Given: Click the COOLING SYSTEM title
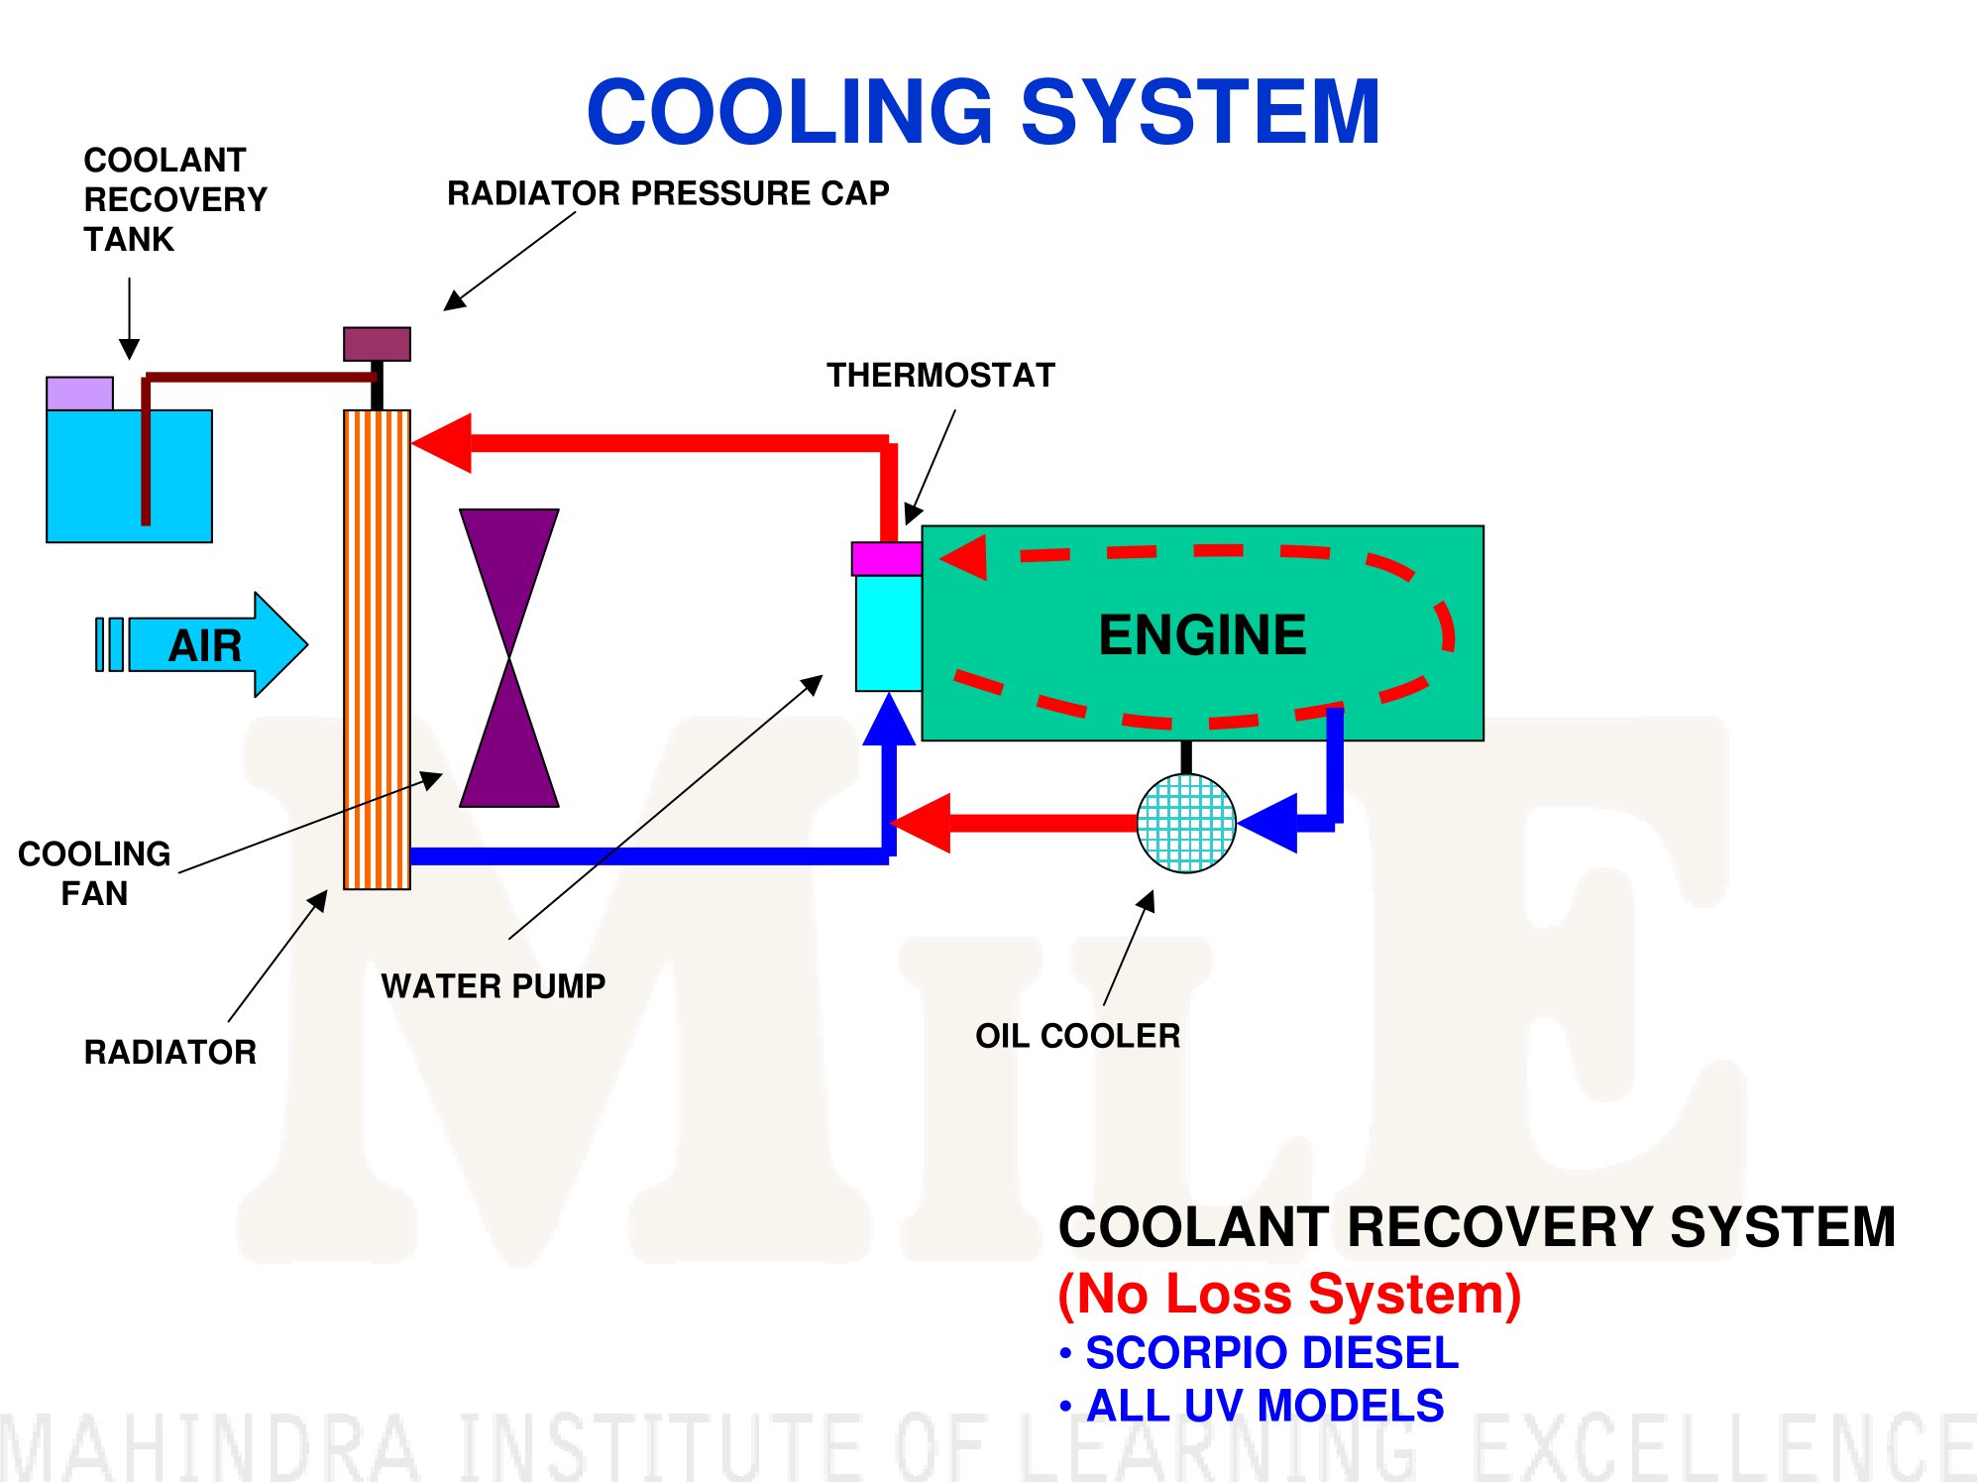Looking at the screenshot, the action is click(x=983, y=111).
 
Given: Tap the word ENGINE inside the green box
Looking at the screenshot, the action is click(x=1202, y=634).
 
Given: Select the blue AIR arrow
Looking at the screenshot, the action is click(x=202, y=644).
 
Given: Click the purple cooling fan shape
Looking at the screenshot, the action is click(x=509, y=657).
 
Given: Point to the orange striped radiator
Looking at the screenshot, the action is click(x=377, y=649).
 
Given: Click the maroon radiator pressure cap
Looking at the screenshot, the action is click(x=377, y=344).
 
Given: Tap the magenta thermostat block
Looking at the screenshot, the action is click(x=887, y=559).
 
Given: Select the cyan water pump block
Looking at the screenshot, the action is click(x=889, y=633).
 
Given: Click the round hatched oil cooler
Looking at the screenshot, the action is click(x=1186, y=823).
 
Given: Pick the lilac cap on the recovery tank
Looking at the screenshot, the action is click(x=79, y=394).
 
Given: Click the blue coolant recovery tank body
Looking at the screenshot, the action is click(x=130, y=476).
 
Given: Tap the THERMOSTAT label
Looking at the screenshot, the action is click(x=940, y=375).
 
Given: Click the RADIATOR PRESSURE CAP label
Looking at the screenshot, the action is click(x=668, y=192).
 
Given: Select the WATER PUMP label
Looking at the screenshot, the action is click(x=494, y=985).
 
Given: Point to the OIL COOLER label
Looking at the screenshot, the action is click(x=1078, y=1035).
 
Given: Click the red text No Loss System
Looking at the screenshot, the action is click(x=1289, y=1294).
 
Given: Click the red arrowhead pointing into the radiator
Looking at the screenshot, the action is click(x=442, y=442).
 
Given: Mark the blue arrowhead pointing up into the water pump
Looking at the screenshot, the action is click(x=889, y=720).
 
